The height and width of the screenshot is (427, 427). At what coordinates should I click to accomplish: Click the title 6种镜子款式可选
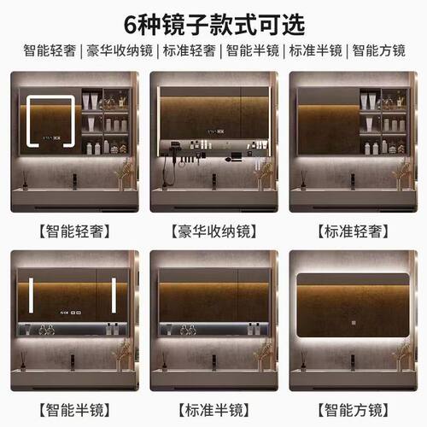coord(213,20)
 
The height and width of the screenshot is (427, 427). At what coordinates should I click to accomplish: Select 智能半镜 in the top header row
coord(253,50)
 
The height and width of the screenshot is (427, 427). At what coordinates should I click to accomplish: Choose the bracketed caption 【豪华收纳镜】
coord(213,231)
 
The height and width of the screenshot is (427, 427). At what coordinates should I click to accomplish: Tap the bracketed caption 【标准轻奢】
coord(354,231)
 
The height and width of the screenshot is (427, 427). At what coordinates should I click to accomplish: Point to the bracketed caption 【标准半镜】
coord(213,408)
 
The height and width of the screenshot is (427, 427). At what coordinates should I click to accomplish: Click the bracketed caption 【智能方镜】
coord(354,408)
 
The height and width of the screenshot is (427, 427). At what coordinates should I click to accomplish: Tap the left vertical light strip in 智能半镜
coord(31,295)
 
